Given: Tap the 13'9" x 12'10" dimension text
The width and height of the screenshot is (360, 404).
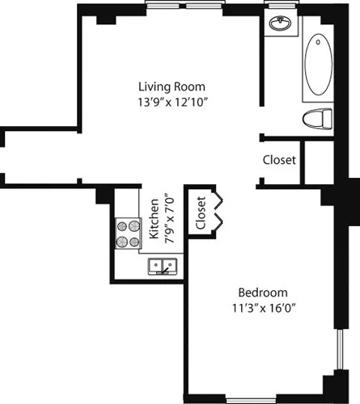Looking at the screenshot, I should tap(172, 102).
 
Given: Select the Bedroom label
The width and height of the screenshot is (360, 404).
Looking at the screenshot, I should tap(260, 292).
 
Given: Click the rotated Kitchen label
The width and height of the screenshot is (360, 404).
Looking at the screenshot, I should tap(154, 220).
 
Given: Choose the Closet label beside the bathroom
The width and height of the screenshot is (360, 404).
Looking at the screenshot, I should tap(279, 160).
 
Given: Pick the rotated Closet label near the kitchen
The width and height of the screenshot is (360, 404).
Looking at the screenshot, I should tap(201, 212).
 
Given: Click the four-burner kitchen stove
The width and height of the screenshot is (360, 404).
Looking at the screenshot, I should tap(128, 233).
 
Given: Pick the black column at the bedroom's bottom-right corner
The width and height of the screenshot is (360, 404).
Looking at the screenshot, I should tap(332, 386).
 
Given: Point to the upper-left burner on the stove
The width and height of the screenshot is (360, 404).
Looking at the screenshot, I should tap(122, 225).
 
